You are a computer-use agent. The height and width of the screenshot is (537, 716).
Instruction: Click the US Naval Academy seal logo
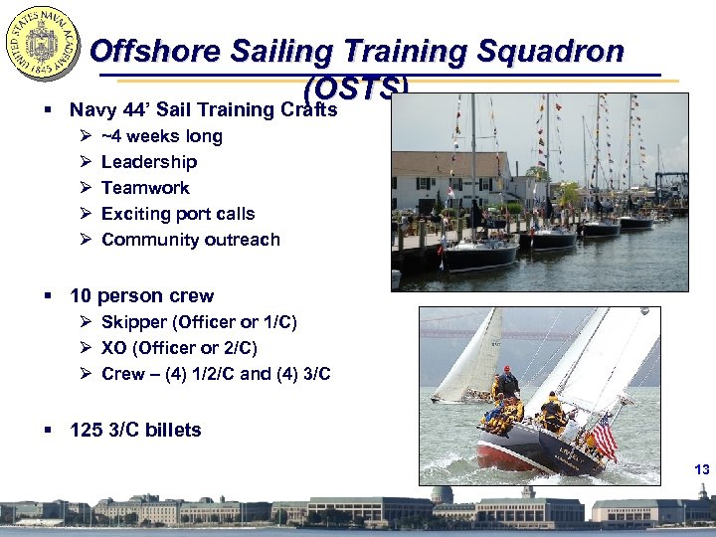click(42, 44)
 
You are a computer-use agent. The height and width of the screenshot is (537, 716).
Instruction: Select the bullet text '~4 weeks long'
click(161, 136)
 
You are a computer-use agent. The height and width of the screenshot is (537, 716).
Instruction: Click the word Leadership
click(149, 162)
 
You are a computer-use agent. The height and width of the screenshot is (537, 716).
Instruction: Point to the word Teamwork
click(145, 188)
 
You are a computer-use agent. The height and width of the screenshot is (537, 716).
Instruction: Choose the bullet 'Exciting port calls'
click(178, 214)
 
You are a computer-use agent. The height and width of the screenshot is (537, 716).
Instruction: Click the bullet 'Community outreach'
click(191, 240)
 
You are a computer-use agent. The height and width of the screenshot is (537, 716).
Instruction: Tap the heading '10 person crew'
click(141, 295)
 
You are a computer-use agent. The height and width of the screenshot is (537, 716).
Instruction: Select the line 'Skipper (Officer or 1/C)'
click(199, 322)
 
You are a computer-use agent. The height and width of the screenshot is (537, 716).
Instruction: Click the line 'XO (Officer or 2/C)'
click(179, 348)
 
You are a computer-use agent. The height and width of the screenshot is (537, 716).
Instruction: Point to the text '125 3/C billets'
click(135, 430)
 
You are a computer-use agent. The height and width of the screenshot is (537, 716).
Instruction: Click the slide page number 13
click(702, 469)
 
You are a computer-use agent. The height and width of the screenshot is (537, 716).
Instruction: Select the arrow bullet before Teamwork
click(86, 188)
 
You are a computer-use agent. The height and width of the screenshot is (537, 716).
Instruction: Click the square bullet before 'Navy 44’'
click(48, 110)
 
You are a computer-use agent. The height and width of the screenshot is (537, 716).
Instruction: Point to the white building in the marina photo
click(447, 179)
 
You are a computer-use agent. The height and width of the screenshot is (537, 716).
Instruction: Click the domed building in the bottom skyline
click(440, 497)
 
